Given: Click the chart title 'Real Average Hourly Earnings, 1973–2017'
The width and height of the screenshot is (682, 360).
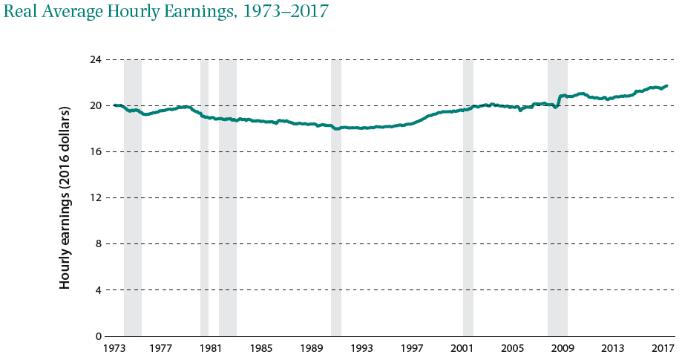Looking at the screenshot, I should pyautogui.click(x=166, y=13).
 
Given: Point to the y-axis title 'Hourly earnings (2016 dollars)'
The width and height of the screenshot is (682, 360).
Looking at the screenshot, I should pyautogui.click(x=65, y=197).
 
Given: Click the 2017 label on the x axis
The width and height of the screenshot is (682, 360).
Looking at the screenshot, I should pyautogui.click(x=663, y=348).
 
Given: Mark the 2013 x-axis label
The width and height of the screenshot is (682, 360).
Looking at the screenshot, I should pyautogui.click(x=612, y=348).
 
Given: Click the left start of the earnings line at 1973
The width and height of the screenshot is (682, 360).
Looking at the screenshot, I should pyautogui.click(x=114, y=105).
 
